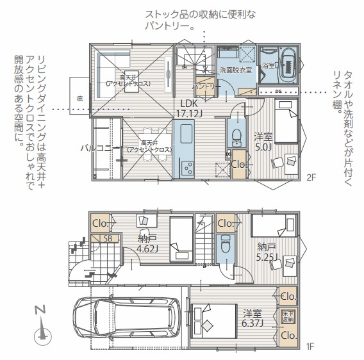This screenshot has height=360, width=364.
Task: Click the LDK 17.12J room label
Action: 190,108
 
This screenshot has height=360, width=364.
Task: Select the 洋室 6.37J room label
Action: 252,318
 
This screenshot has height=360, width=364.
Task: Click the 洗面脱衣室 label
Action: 236,69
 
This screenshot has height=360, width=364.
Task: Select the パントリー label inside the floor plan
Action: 204,86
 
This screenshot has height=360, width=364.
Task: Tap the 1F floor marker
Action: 310,347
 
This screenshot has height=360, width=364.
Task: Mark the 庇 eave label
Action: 80,99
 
